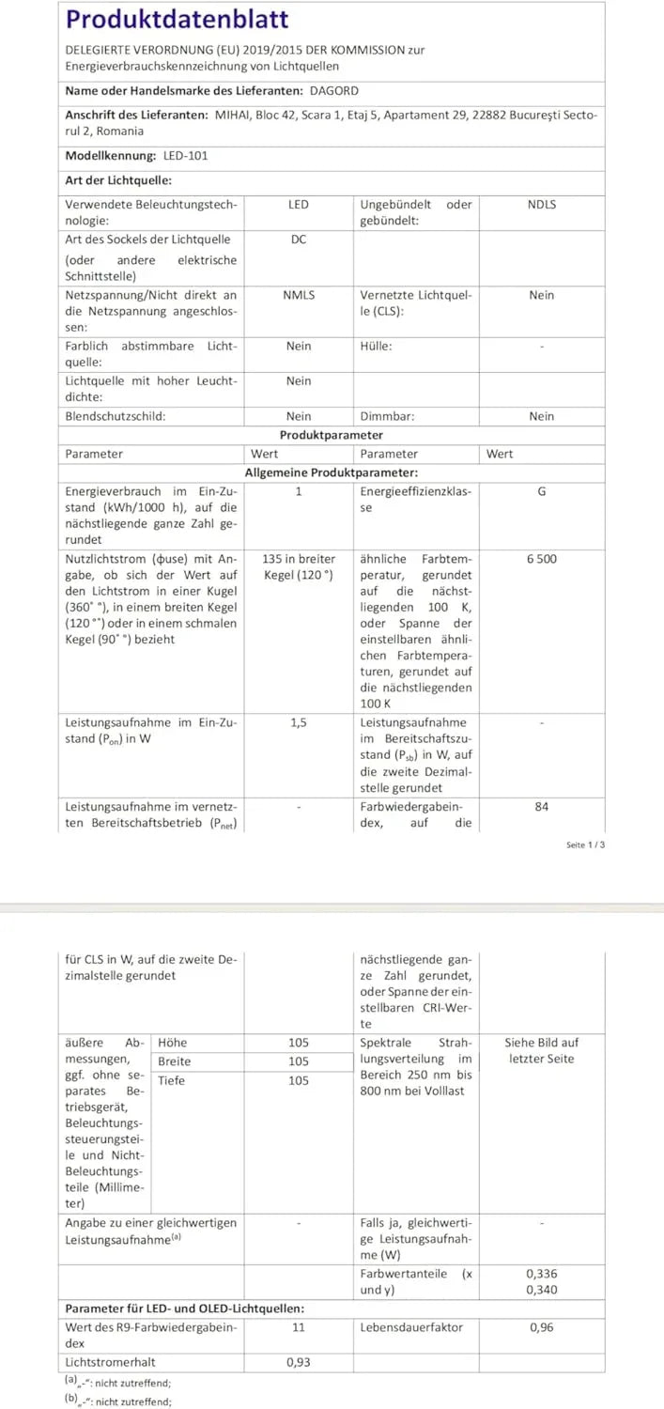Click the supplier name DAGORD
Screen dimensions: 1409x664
click(x=334, y=91)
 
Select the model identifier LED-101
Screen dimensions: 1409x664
click(x=186, y=156)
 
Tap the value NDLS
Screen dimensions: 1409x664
click(x=542, y=205)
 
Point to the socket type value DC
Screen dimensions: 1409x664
click(x=299, y=240)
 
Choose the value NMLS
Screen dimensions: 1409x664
click(x=299, y=295)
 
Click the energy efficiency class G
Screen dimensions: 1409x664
click(x=542, y=491)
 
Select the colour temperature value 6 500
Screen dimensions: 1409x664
click(x=542, y=559)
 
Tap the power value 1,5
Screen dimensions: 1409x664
click(x=299, y=723)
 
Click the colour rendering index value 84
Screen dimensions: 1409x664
click(x=542, y=806)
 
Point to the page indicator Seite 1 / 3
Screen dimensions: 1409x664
click(x=586, y=845)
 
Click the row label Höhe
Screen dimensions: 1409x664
click(x=173, y=1043)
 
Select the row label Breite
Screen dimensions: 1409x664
click(x=175, y=1061)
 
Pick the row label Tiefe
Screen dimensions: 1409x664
click(x=172, y=1080)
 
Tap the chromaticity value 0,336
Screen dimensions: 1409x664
click(x=542, y=1275)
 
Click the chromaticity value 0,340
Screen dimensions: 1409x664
click(x=542, y=1290)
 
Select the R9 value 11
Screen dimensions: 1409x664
click(x=299, y=1328)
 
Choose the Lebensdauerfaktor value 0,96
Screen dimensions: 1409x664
click(x=542, y=1328)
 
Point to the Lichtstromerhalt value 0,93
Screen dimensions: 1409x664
click(x=299, y=1360)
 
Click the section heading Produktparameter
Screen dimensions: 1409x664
click(x=332, y=435)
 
